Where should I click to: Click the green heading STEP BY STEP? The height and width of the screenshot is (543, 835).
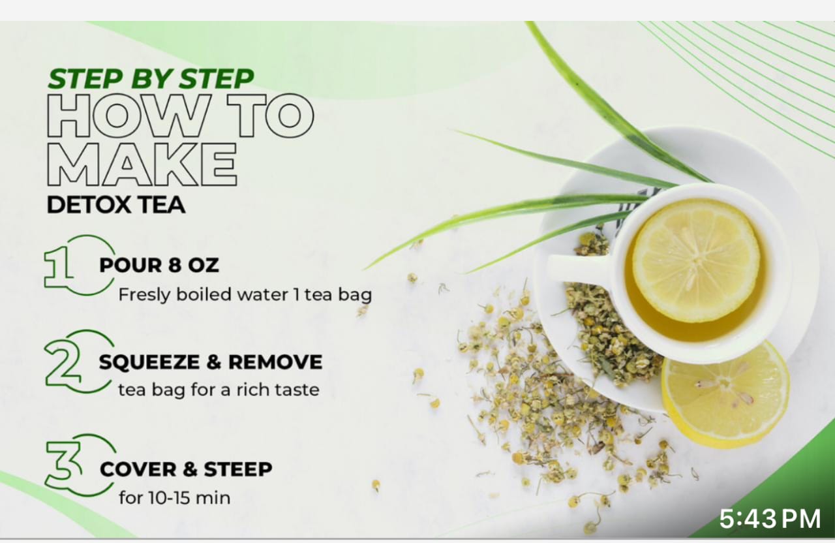(x=151, y=79)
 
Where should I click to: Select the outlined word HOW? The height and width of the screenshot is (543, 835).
(x=128, y=116)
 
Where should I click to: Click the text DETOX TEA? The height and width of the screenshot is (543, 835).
(x=116, y=205)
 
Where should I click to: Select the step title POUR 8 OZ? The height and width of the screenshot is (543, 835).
(x=159, y=265)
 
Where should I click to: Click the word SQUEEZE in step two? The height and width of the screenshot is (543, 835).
(x=149, y=362)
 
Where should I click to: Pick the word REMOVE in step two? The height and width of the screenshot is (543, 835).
(x=275, y=362)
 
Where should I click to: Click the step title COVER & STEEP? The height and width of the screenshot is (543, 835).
(x=186, y=469)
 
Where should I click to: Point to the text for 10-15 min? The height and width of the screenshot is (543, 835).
(x=174, y=497)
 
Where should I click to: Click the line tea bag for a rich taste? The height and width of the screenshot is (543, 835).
(x=219, y=390)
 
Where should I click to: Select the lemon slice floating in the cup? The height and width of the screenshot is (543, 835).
(x=695, y=261)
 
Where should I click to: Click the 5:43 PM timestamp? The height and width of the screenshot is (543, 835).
(x=770, y=519)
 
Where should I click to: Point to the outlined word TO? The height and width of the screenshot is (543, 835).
(x=271, y=116)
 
